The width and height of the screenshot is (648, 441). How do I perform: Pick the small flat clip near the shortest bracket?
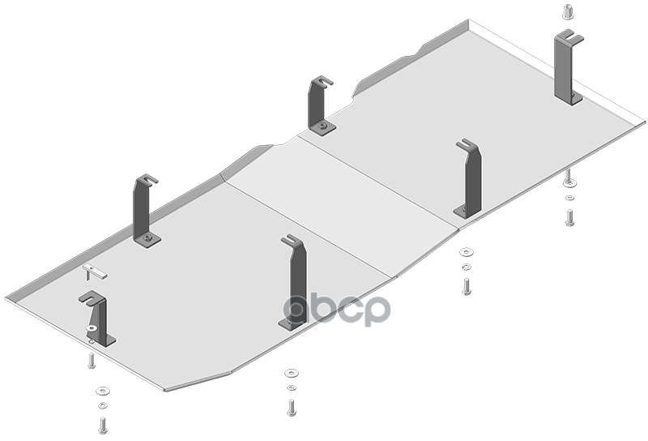95,271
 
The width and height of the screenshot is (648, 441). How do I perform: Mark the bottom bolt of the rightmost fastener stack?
570,216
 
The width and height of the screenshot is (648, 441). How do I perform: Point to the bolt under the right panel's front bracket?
467,285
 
